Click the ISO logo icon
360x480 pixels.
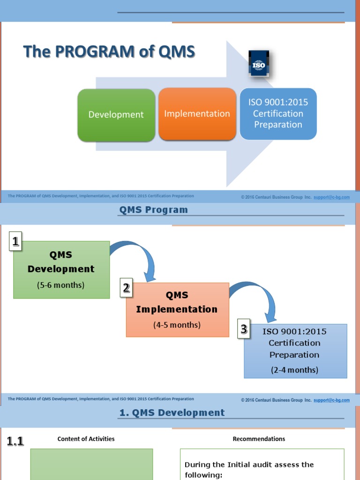point(259,65)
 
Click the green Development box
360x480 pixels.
point(116,115)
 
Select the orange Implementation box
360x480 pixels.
point(197,114)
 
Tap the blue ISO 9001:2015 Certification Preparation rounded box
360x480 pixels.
point(278,113)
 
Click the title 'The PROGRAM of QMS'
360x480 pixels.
point(109,52)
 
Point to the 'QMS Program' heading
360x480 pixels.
point(153,210)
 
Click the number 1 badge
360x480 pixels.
point(16,242)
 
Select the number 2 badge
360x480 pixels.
point(126,288)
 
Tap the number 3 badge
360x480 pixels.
point(244,329)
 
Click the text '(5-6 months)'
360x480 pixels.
point(61,285)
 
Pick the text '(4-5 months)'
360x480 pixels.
point(177,325)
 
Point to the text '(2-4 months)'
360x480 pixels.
point(294,370)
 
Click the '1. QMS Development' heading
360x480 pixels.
point(170,413)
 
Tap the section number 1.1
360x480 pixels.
point(15,441)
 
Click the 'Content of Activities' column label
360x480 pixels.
point(86,439)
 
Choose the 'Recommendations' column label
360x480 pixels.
point(259,439)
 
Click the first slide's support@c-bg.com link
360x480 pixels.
point(331,197)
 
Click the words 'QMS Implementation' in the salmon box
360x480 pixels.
point(177,302)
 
